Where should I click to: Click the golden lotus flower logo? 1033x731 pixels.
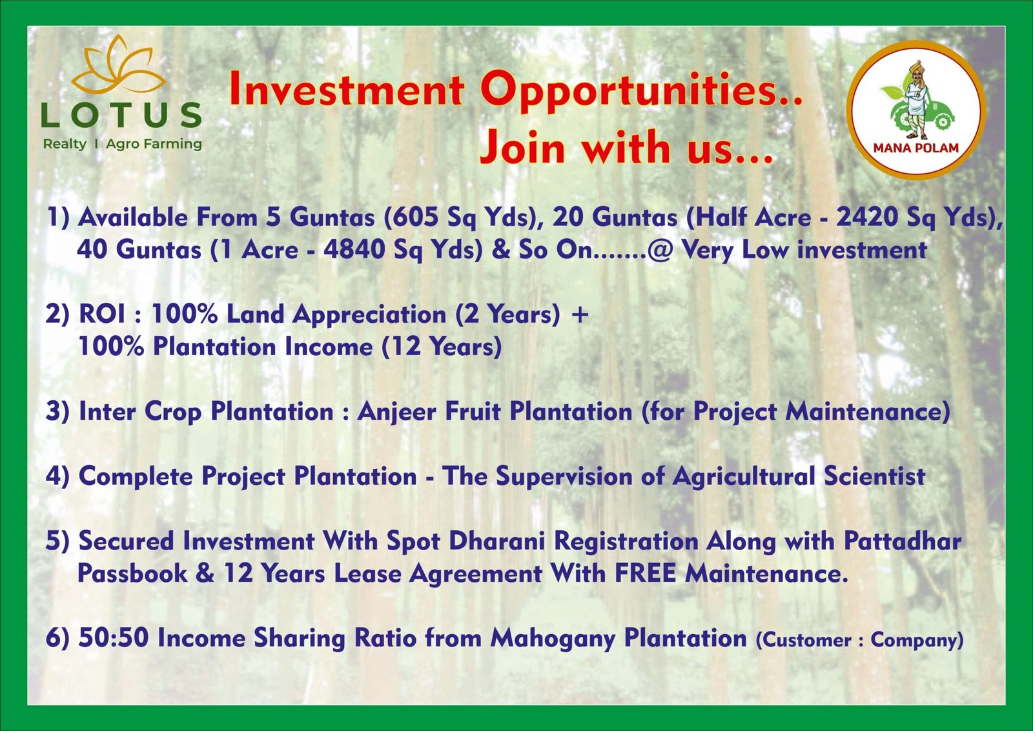pos(119,68)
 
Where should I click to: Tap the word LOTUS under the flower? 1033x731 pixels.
pos(121,116)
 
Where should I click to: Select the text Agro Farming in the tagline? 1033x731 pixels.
pos(154,145)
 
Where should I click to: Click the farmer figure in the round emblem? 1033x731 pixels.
pos(917,99)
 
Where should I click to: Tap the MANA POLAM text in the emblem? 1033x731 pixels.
pos(916,148)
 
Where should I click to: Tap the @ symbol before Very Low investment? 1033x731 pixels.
pos(659,251)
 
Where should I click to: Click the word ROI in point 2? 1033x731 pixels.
pos(102,314)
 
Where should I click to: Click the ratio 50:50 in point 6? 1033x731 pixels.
pos(114,638)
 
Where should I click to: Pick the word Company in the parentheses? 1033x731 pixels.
pos(917,640)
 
